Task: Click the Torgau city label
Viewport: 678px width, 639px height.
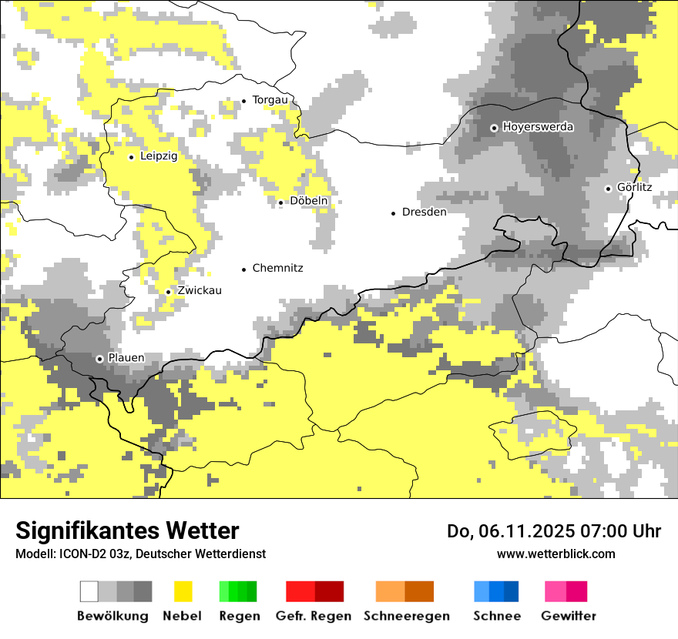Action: pyautogui.click(x=270, y=100)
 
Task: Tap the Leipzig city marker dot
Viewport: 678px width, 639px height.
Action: pyautogui.click(x=131, y=157)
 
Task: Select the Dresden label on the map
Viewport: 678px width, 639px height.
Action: pyautogui.click(x=424, y=212)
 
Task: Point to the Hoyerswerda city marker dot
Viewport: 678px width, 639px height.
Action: pyautogui.click(x=494, y=128)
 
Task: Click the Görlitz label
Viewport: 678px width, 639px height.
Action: pyautogui.click(x=634, y=188)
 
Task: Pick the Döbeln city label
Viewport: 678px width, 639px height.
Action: pyautogui.click(x=309, y=201)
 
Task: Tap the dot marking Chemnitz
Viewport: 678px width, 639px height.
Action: pyautogui.click(x=244, y=269)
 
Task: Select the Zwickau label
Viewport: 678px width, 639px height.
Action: pyautogui.click(x=199, y=291)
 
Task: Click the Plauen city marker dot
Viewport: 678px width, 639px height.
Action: pyautogui.click(x=99, y=359)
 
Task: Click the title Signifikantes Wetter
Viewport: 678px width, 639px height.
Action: pyautogui.click(x=127, y=530)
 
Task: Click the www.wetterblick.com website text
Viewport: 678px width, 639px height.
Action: pyautogui.click(x=555, y=554)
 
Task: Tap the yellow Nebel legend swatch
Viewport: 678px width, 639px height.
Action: pyautogui.click(x=183, y=591)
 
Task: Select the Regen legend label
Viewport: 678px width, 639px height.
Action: pyautogui.click(x=239, y=616)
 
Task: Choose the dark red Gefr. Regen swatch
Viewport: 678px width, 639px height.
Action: pyautogui.click(x=329, y=591)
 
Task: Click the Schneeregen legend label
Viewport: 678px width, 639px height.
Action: pyautogui.click(x=406, y=616)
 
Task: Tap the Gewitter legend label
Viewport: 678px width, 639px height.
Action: pyautogui.click(x=568, y=616)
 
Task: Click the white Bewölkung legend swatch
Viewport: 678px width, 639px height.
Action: pyautogui.click(x=89, y=591)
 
